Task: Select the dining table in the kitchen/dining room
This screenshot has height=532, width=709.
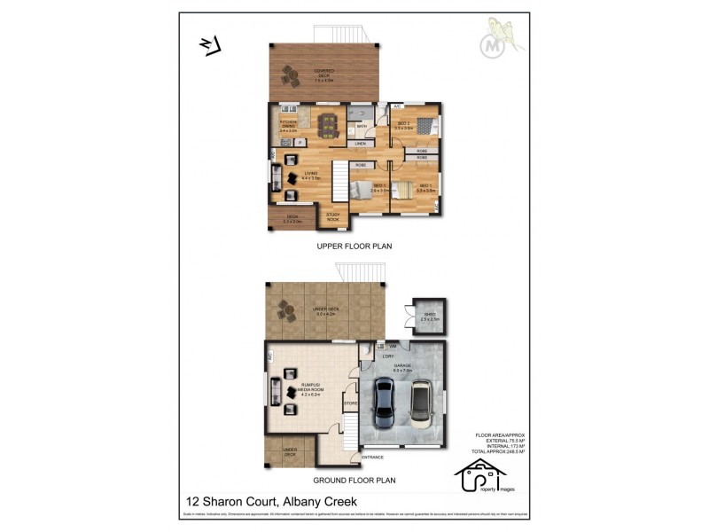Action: pos(329,130)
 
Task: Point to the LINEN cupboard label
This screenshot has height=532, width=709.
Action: pos(360,144)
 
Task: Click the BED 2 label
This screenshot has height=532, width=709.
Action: pos(403,124)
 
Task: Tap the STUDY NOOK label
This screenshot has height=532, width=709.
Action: pos(333,216)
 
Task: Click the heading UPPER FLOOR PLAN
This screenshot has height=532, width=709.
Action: pos(354,246)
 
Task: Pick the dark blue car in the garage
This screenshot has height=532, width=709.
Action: pos(385,403)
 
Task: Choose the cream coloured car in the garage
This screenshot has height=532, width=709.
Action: pos(419,403)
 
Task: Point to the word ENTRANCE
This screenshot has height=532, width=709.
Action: pos(372,457)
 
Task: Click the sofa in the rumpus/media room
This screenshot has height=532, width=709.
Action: pos(276,390)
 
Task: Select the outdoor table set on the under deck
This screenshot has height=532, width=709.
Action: pos(285,311)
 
